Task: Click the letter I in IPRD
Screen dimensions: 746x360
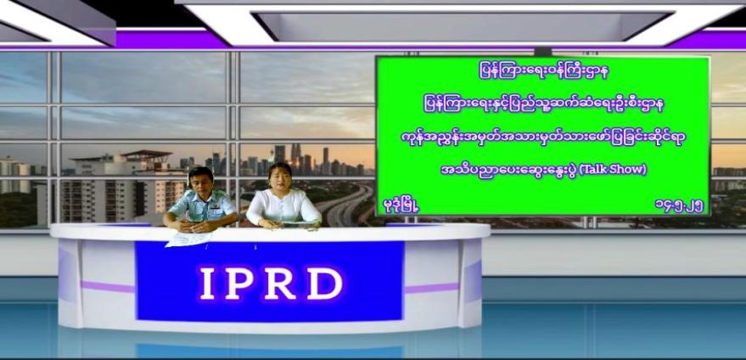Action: (207, 284)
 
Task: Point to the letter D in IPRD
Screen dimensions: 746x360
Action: (325, 284)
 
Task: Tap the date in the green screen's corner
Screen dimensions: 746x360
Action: (679, 206)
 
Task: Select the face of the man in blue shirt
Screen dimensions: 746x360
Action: (199, 183)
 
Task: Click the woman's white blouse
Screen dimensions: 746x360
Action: (283, 208)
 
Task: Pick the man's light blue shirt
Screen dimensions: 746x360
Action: (203, 207)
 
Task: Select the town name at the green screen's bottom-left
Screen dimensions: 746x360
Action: (401, 206)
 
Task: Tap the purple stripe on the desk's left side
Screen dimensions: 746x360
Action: (108, 287)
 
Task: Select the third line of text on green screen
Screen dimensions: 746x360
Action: (543, 138)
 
